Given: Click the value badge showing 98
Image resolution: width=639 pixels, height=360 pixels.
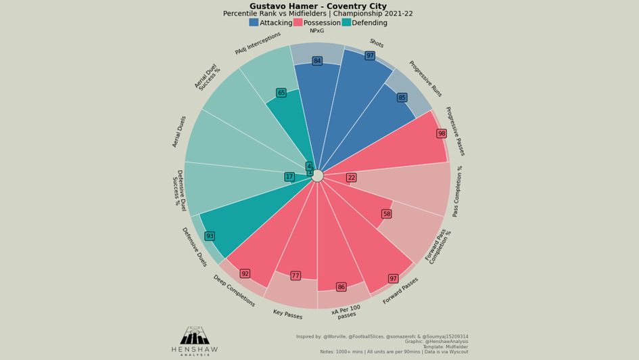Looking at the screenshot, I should coord(442,133).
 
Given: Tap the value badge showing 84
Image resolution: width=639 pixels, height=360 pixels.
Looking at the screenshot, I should coord(317,61).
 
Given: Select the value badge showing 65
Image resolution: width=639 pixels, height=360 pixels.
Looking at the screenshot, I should coord(281,93).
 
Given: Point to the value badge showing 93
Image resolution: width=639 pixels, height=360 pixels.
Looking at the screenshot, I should coord(210,236).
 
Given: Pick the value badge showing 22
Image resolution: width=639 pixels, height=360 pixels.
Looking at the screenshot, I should coord(351,177).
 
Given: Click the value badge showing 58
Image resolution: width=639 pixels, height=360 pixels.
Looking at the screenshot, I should coord(387,214).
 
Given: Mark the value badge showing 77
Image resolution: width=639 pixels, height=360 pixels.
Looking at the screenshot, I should coord(295,275).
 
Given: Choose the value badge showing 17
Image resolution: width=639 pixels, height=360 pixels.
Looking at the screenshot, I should coord(289,177).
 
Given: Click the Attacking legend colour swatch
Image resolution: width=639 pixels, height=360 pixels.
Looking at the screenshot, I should coord(254,22).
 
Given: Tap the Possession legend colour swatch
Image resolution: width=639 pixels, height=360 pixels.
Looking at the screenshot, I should coord(298,22).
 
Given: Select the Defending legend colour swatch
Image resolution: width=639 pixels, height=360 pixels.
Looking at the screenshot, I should coord(346,22).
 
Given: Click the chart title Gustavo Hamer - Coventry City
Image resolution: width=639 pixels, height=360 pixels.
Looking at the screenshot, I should coord(318,6).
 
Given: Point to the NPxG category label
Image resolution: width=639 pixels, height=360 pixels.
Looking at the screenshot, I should coord(316,31).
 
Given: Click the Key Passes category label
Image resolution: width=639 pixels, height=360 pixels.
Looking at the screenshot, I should coord(287,313).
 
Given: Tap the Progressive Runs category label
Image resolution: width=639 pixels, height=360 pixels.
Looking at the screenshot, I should coord(425,78).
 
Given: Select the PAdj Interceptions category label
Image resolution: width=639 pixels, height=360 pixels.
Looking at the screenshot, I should coord(258,43).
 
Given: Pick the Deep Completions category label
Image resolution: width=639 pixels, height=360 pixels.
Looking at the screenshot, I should coord(234,290).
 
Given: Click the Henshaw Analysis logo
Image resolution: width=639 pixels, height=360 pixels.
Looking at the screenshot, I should coord(195,340).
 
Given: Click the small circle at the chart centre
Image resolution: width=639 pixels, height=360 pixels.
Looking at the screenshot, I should coord(317,176).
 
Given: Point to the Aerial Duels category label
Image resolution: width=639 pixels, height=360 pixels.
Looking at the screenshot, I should coord(179,131).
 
